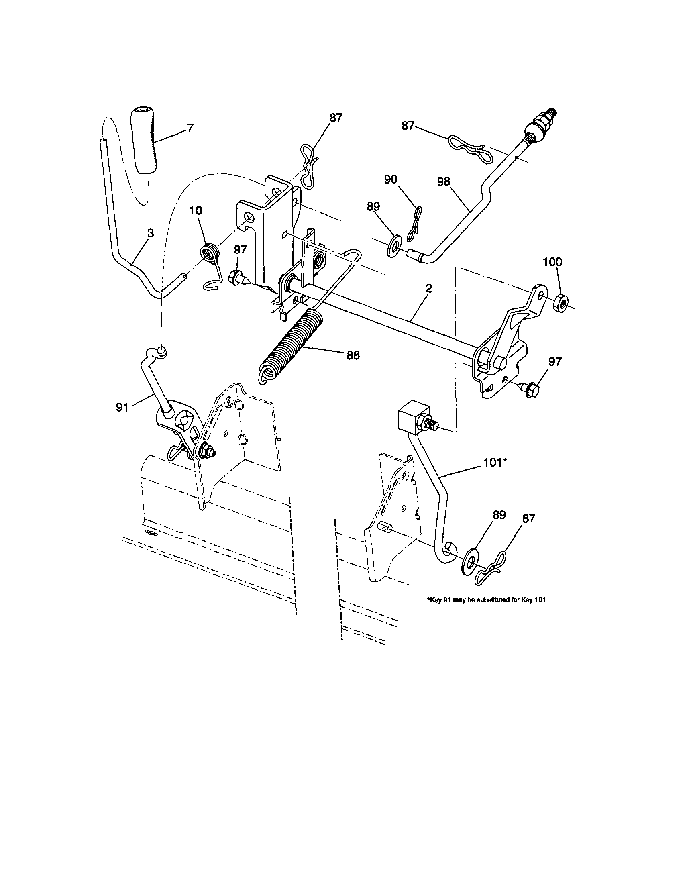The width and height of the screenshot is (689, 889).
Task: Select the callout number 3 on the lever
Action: click(151, 233)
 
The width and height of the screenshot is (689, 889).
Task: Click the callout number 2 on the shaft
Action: click(428, 290)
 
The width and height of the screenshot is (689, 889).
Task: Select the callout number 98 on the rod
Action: click(444, 181)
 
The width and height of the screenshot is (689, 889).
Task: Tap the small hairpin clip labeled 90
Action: click(416, 224)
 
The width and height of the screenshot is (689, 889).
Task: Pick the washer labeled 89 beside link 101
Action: click(471, 562)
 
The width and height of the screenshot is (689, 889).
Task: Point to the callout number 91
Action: click(122, 408)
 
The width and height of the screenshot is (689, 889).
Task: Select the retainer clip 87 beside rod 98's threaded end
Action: click(468, 147)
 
